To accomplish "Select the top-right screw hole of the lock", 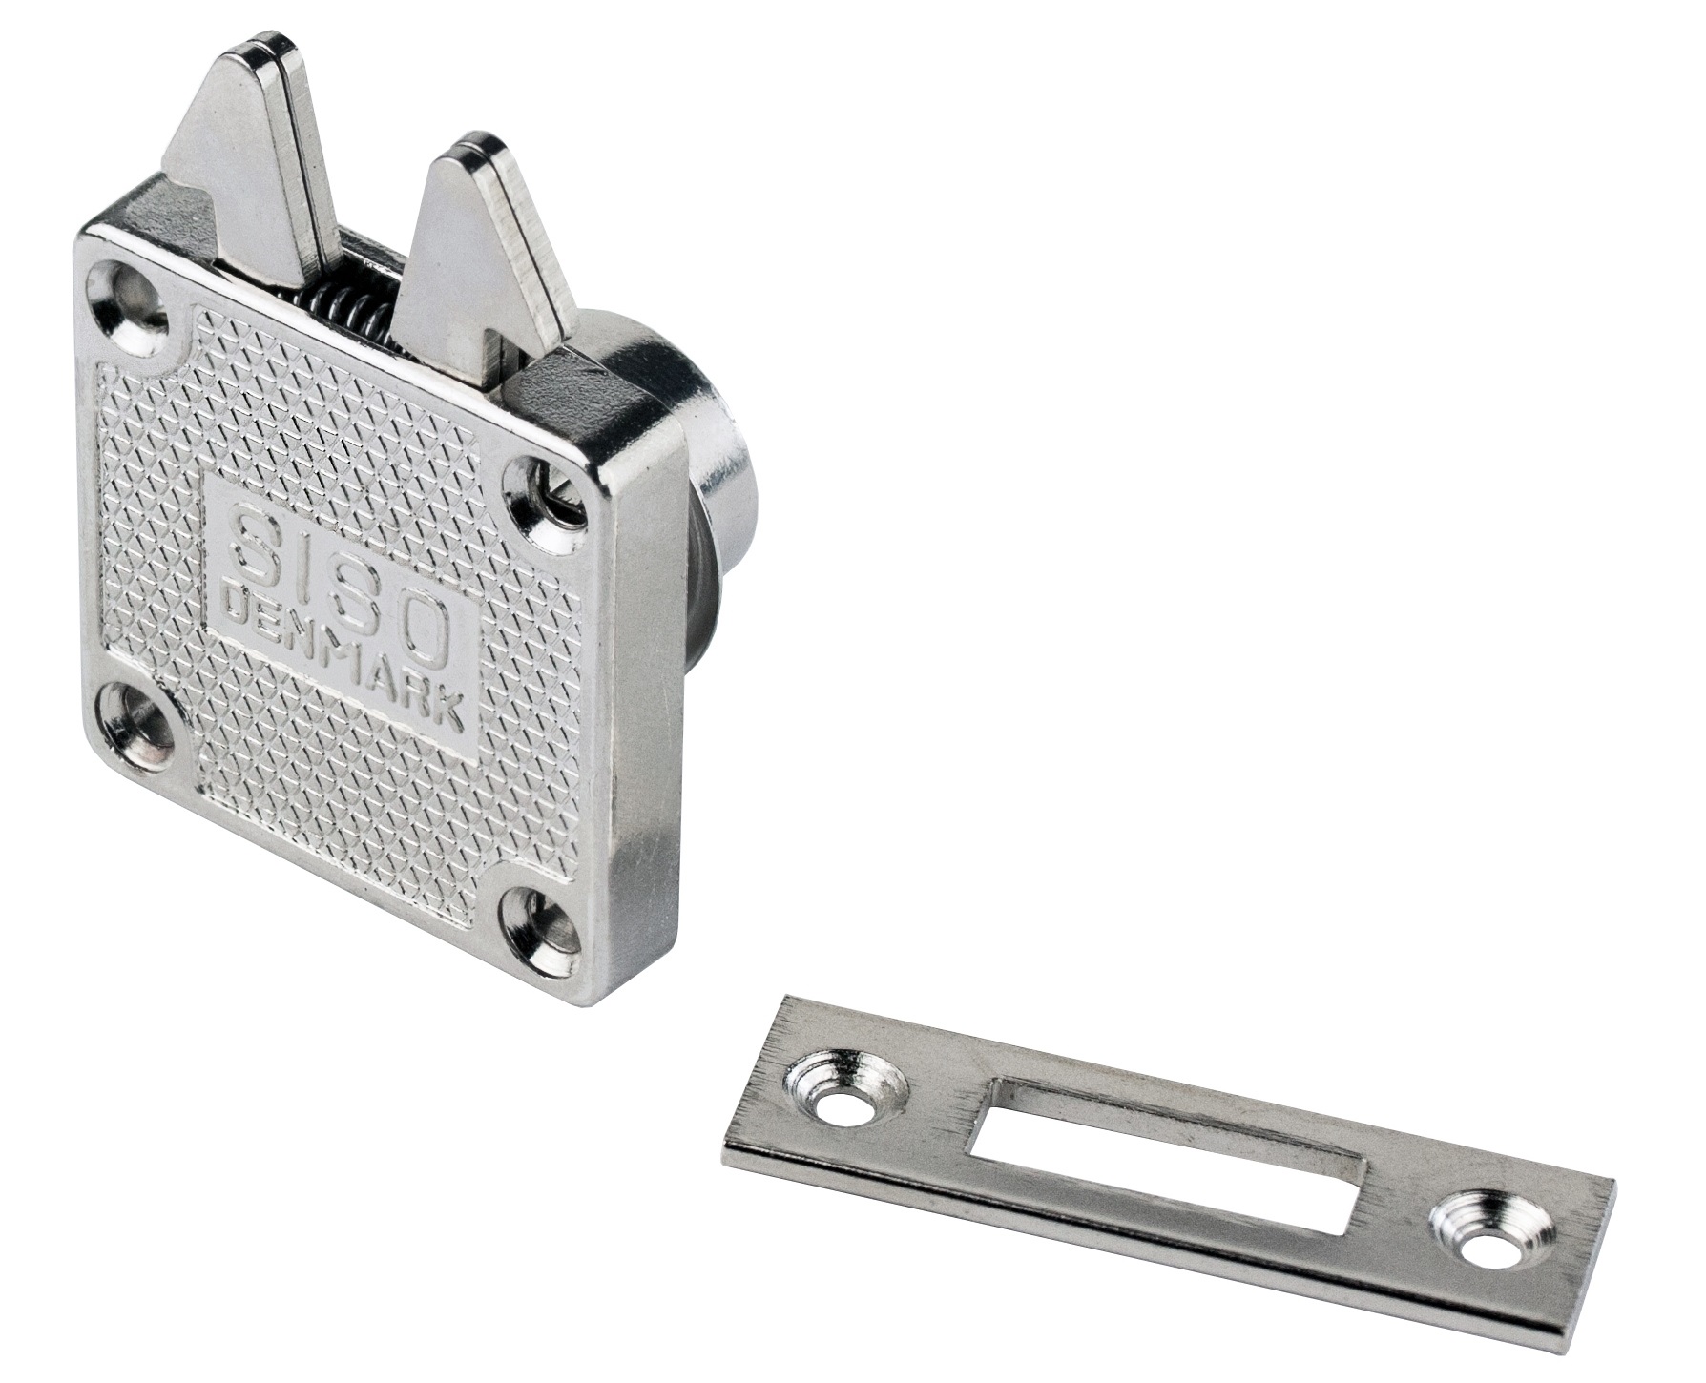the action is click(550, 505).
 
